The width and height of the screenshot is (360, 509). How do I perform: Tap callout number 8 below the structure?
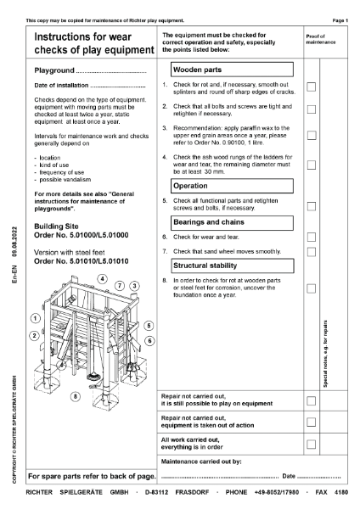(75, 395)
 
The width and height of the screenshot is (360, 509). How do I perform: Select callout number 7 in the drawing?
(120, 285)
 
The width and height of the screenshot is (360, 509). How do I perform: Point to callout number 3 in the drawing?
(134, 286)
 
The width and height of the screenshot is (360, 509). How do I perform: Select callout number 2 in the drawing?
(35, 335)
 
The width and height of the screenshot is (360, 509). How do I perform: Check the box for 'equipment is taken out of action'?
(311, 422)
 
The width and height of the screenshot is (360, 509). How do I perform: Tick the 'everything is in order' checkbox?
(311, 444)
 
